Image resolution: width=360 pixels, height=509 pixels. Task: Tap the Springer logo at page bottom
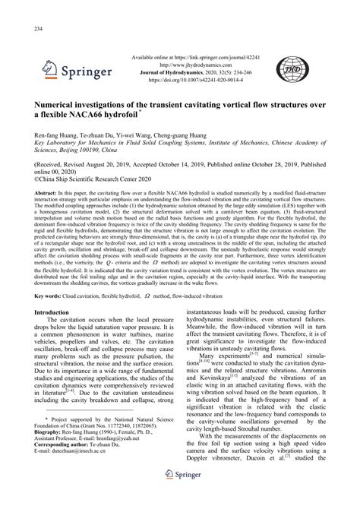click(180, 495)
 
